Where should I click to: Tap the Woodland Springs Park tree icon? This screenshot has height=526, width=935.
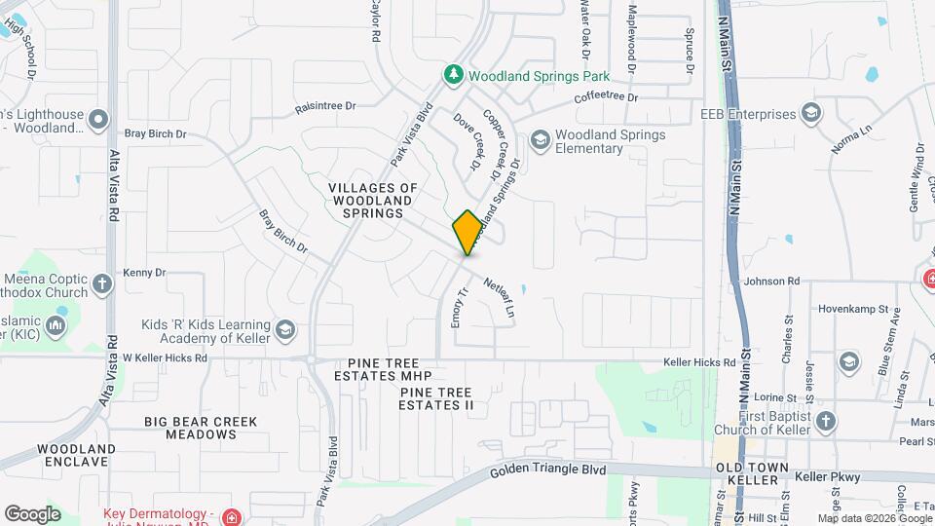[x=453, y=74]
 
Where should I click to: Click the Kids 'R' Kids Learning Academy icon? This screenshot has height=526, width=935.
[x=285, y=330]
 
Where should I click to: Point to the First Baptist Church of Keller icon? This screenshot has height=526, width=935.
[x=826, y=421]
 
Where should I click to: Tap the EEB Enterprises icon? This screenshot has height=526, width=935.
[x=810, y=113]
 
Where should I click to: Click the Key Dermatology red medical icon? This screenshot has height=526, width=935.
[x=231, y=516]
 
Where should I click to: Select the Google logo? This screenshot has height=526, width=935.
[x=32, y=513]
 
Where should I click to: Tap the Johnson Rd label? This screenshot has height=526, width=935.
[x=770, y=282]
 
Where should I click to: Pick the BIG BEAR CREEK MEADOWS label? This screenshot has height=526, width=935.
[x=201, y=428]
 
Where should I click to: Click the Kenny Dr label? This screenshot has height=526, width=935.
[x=145, y=273]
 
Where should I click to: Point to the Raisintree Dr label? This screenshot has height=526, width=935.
[x=336, y=109]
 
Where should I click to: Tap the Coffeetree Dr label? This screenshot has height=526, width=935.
[x=605, y=97]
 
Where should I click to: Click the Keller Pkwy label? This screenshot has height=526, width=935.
[x=823, y=478]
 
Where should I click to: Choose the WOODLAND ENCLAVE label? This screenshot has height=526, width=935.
[x=77, y=455]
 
